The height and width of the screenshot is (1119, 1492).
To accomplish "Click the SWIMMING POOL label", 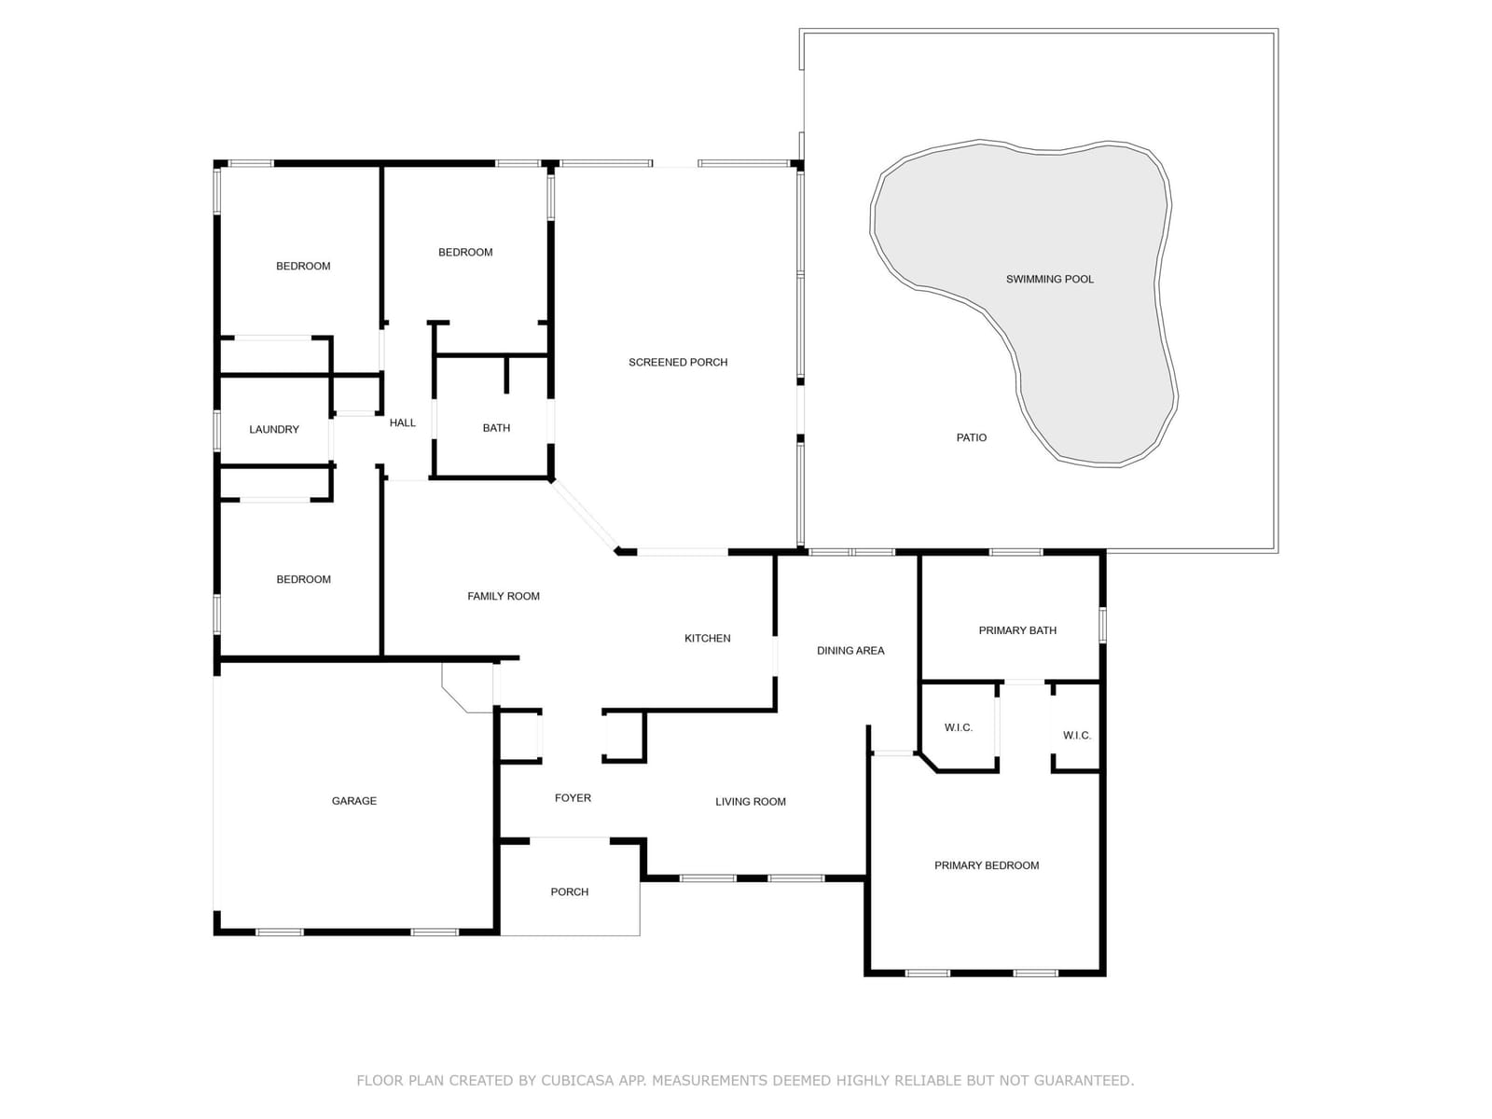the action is [1049, 279].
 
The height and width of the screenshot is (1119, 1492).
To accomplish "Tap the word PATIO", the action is [972, 437].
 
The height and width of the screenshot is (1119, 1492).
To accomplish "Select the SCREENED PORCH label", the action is [678, 362].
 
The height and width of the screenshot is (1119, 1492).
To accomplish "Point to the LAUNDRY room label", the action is [274, 429].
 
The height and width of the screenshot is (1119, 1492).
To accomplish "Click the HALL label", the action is [403, 422].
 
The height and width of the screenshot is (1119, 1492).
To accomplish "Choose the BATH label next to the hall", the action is [496, 428].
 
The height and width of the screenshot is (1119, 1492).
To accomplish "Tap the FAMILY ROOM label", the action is [504, 596].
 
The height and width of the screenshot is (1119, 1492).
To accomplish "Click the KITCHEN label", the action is [708, 638].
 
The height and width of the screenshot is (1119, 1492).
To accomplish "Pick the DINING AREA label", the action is [850, 650].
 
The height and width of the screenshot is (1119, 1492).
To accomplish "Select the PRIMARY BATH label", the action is [1017, 630].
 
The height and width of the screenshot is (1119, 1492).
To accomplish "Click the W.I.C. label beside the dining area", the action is [959, 727].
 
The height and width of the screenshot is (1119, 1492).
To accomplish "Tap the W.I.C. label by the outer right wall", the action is [1077, 735].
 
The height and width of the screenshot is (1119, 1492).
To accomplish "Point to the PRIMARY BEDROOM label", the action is [987, 865].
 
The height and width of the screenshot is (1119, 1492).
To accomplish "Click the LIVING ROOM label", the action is [751, 802].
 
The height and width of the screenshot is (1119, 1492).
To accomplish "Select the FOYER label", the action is [573, 797].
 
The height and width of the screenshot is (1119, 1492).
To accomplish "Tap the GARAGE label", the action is [354, 801].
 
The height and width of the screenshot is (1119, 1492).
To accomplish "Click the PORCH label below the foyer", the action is [570, 891].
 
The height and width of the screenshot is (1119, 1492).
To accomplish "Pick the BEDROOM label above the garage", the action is [304, 579].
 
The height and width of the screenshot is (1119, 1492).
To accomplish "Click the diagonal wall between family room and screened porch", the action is [585, 515].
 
